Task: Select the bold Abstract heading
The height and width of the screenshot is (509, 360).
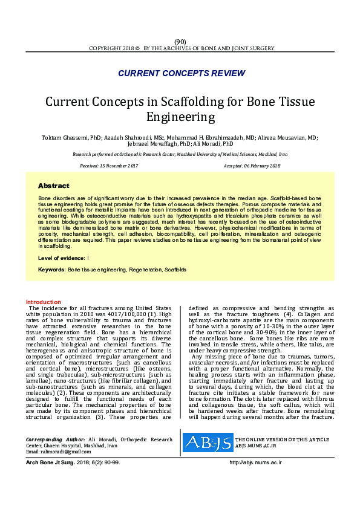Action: pyautogui.click(x=54, y=186)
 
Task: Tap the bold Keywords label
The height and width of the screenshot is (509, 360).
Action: pyautogui.click(x=51, y=269)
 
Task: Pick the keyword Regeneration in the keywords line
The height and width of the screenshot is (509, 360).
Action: pyautogui.click(x=145, y=269)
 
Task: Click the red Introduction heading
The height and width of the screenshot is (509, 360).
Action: pyautogui.click(x=43, y=302)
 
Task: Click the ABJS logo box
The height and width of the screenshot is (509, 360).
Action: pyautogui.click(x=208, y=426)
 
